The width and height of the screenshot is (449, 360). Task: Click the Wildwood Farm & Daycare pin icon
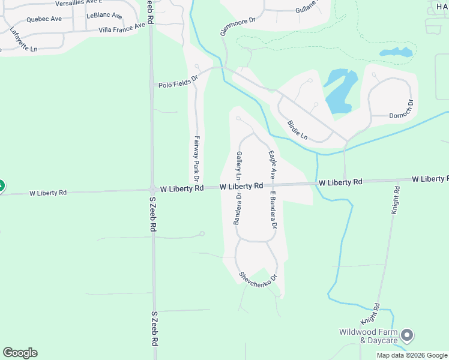pos(407,335)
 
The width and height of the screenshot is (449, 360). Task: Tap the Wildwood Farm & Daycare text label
pos(369,336)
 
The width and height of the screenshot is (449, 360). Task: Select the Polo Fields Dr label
pos(178,85)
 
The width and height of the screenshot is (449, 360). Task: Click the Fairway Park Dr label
pos(196,158)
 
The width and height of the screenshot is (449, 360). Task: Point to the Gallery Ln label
pos(238,166)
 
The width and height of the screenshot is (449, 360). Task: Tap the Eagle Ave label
pos(272,164)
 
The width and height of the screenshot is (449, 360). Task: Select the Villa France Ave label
pos(122,28)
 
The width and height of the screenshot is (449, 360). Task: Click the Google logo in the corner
pos(20,353)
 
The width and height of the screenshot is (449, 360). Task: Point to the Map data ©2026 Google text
pos(412,355)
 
